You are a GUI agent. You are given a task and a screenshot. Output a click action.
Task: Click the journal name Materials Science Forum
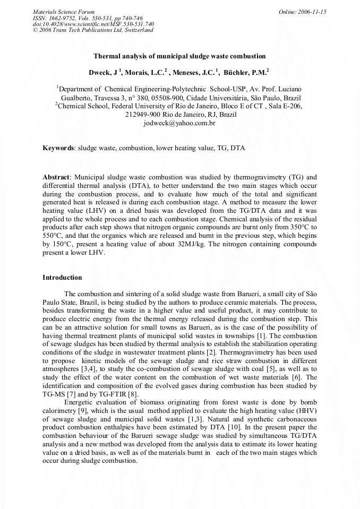(x=64, y=12)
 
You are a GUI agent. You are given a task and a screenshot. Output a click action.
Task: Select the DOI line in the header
(x=93, y=24)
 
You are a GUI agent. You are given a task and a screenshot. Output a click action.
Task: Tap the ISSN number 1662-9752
(x=66, y=18)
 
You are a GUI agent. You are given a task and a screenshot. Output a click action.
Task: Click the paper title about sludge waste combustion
(x=179, y=56)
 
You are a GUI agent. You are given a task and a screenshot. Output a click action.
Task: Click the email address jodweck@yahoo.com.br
(x=179, y=123)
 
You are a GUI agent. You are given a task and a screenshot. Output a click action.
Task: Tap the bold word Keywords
(x=58, y=148)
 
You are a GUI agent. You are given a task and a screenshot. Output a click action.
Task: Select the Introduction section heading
(x=62, y=278)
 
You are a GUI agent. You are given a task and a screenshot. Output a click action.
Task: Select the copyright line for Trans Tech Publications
(x=93, y=30)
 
